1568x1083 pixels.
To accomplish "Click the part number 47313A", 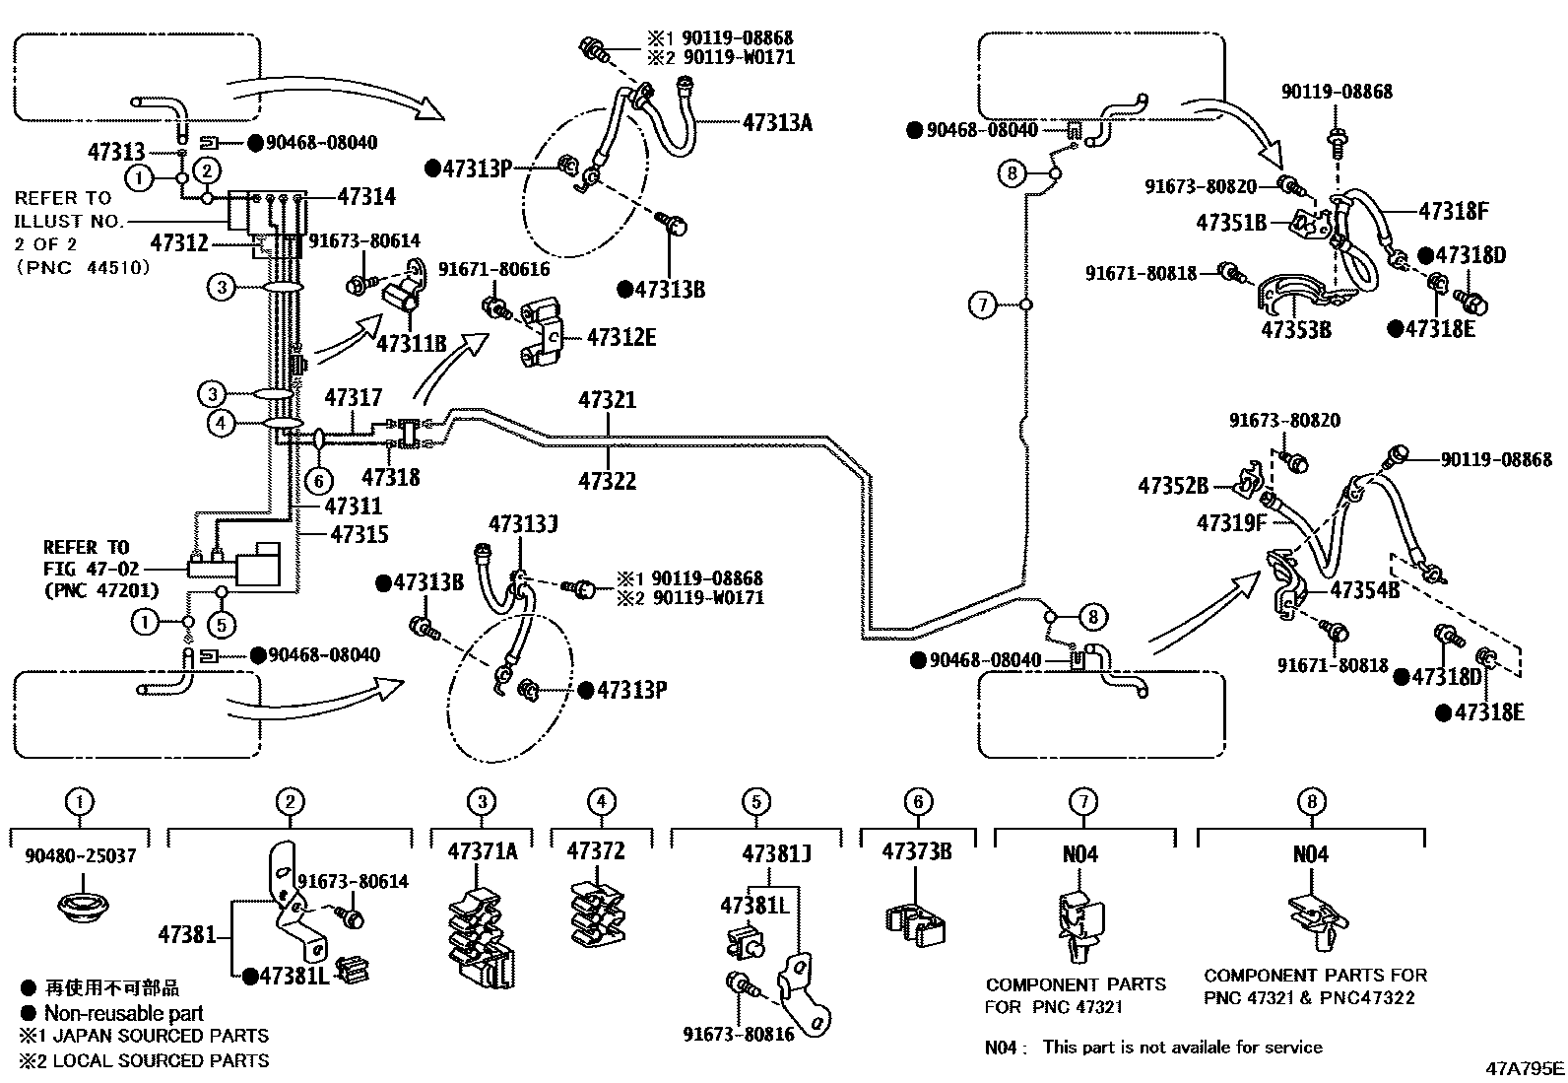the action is point(777,122).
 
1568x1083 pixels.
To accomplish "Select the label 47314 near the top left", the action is point(366,197).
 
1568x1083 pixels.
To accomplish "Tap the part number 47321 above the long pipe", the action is point(607,400).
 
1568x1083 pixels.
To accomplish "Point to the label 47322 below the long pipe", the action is point(607,481).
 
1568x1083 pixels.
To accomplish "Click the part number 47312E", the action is point(621,337).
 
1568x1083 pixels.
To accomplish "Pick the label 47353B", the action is point(1296,329).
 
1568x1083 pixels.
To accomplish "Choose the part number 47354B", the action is point(1364,590).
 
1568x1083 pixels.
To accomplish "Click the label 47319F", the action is point(1231,522).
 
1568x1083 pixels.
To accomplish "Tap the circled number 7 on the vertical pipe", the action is point(983,305).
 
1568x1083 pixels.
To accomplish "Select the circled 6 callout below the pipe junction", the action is point(319,481).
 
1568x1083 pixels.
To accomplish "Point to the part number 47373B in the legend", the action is point(916,851).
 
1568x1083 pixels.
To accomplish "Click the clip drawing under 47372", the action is point(597,914).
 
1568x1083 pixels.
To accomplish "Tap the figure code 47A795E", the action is point(1525,1068).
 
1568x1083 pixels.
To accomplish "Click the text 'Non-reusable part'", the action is point(123,1013).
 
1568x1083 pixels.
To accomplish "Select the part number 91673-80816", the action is point(739,1035).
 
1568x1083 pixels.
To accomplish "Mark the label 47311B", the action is point(412,343).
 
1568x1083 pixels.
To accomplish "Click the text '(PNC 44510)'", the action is point(84,268).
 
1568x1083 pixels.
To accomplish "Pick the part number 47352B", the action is point(1173,486).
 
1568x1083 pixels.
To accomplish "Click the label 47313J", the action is point(523,524).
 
